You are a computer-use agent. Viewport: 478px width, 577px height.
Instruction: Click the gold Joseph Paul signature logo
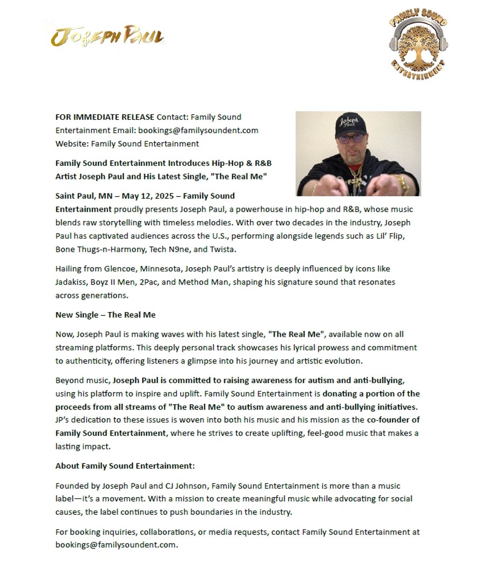point(107,36)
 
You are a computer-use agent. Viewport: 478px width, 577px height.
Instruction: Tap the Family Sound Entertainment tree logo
point(418,43)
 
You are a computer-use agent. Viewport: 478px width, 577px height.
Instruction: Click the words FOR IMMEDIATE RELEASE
point(105,117)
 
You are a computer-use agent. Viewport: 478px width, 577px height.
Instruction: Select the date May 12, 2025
point(148,196)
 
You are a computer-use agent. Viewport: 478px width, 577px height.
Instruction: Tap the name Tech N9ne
point(170,249)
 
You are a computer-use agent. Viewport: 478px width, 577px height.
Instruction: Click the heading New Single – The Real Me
point(105,315)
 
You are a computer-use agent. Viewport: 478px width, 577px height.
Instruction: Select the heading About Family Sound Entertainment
point(125,466)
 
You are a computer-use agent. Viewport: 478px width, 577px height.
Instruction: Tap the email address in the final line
point(115,545)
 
